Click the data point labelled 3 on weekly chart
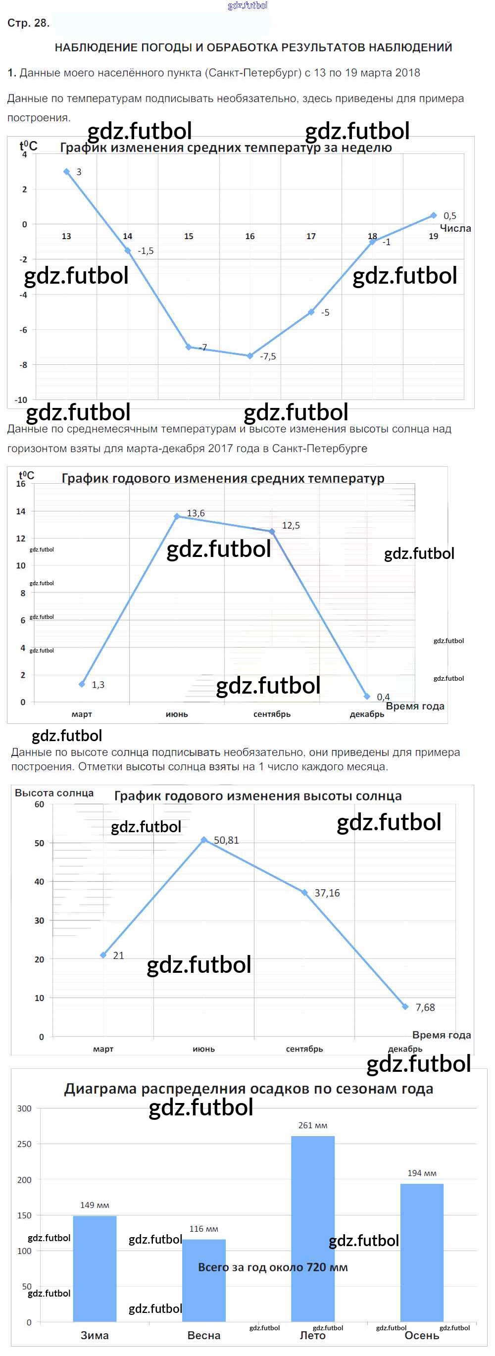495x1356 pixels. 66,172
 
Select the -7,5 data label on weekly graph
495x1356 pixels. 267,356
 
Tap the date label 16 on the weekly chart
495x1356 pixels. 249,236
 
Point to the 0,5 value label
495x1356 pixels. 450,216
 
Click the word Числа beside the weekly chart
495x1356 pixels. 455,228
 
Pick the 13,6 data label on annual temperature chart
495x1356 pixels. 196,513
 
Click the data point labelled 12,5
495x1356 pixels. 272,532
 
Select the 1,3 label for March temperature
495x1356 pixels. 98,685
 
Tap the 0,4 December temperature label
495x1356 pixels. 383,697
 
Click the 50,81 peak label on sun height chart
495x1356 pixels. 226,841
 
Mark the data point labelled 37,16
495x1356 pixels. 304,893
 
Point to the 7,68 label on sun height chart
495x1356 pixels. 425,1007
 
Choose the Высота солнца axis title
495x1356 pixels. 54,793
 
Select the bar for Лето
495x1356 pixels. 313,1228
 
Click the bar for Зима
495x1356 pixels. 95,1268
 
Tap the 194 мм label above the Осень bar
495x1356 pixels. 422,1173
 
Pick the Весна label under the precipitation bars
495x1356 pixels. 204,1336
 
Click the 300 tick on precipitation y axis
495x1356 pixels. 24,1108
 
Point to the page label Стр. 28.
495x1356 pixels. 28,23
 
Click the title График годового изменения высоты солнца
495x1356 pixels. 258,797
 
